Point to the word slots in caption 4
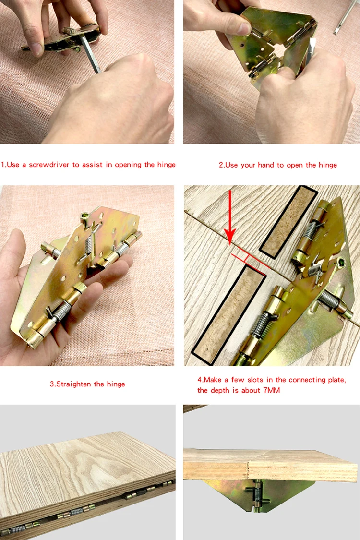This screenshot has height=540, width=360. pos(256,380)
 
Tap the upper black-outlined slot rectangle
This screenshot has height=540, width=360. pos(288,222)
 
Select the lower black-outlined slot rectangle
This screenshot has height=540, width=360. pos(229,313)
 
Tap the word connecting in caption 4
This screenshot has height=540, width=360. pos(307,380)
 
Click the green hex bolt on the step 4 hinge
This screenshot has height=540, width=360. pos(341,263)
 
